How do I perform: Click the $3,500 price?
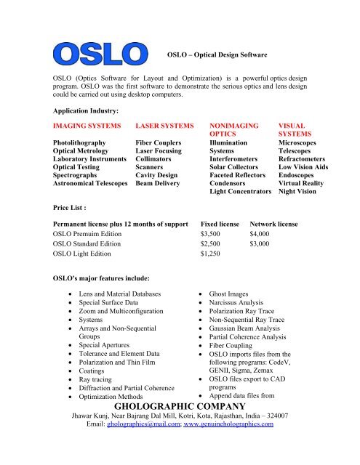[213, 235]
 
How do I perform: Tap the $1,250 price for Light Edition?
[213, 255]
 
